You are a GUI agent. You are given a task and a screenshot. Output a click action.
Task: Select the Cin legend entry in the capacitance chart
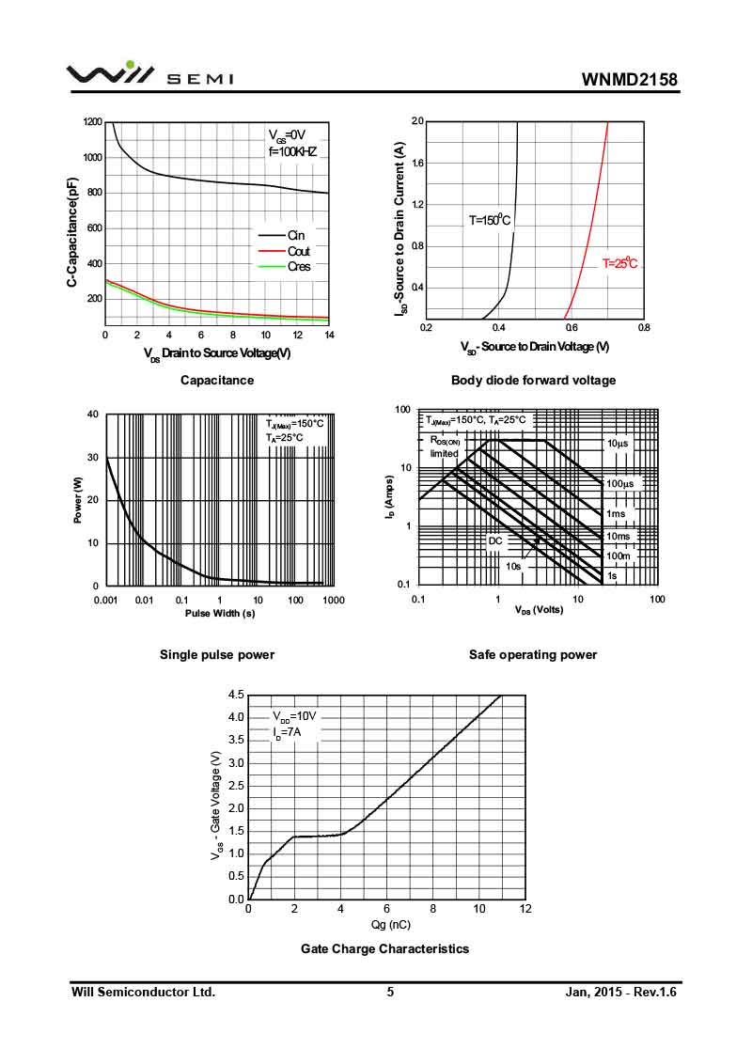295,235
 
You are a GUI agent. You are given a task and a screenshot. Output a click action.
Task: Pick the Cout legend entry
298,251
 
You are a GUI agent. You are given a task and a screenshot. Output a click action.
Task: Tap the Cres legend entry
298,266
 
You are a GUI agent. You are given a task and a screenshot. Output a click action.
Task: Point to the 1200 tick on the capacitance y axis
92,122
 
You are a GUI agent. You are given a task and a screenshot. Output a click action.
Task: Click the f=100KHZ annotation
292,151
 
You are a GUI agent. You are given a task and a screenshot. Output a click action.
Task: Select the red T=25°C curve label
619,264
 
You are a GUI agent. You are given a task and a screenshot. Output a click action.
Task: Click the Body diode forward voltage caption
533,380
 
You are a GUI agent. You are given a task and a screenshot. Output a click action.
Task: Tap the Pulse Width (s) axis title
219,614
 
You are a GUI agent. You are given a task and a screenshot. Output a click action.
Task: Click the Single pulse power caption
217,654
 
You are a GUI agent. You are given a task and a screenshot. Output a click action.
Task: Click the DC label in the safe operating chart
495,541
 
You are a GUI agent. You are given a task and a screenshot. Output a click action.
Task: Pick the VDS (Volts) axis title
538,610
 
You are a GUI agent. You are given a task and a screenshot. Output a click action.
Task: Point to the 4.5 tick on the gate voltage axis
236,695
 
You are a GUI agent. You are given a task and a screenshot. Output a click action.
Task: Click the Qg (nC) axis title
385,924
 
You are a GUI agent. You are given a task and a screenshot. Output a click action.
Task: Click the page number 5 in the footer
390,992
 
